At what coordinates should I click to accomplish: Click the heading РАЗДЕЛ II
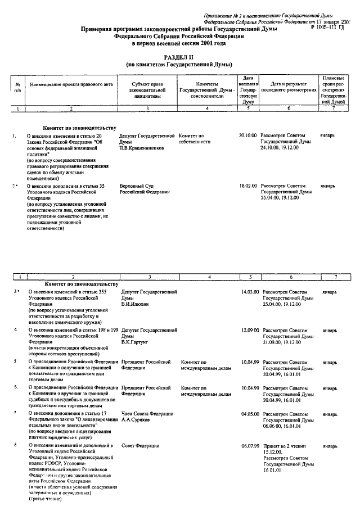coord(179,58)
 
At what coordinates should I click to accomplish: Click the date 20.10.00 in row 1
coord(247,136)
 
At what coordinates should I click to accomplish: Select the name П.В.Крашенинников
coord(143,148)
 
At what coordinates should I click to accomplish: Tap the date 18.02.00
coord(247,186)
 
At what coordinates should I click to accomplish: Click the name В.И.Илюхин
coord(136,304)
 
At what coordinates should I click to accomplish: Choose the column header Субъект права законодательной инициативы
coord(147,90)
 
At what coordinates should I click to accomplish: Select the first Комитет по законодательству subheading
coord(79,128)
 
